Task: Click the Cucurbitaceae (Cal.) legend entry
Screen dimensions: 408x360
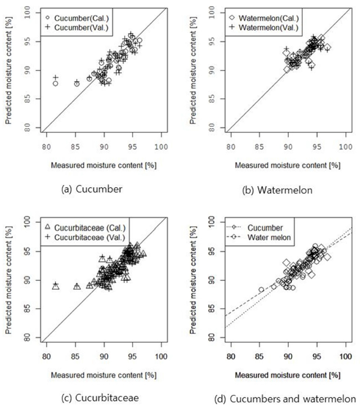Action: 84,227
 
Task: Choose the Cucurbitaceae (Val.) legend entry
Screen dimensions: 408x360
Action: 84,237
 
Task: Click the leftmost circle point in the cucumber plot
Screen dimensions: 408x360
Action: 55,84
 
